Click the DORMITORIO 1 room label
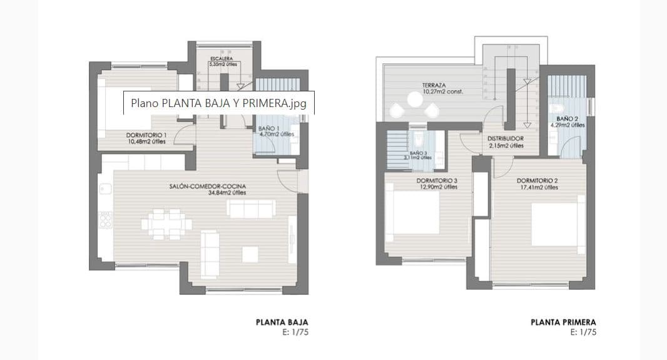pyautogui.click(x=146, y=135)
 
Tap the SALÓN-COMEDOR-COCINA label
pyautogui.click(x=207, y=187)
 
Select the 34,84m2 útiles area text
pyautogui.click(x=227, y=193)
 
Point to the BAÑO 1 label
pyautogui.click(x=269, y=128)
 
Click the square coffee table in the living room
pyautogui.click(x=250, y=254)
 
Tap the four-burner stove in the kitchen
pyautogui.click(x=105, y=220)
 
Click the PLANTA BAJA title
pyautogui.click(x=282, y=322)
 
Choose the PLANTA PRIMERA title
pyautogui.click(x=563, y=322)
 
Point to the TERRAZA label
pyautogui.click(x=434, y=85)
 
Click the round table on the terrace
pyautogui.click(x=414, y=100)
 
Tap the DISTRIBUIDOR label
pyautogui.click(x=506, y=138)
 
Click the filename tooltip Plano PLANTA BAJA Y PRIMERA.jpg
pyautogui.click(x=218, y=103)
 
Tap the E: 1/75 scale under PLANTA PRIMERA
pyautogui.click(x=584, y=332)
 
